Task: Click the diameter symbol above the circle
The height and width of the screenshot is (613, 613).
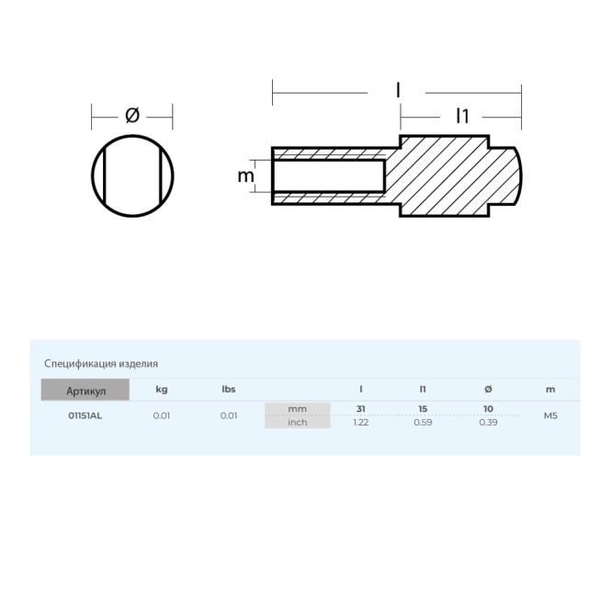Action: pyautogui.click(x=132, y=116)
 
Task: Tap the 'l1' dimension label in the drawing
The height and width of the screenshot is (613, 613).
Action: pyautogui.click(x=462, y=116)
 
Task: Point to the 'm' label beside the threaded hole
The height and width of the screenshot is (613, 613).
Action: pyautogui.click(x=246, y=176)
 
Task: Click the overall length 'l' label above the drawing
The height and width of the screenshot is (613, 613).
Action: pyautogui.click(x=398, y=90)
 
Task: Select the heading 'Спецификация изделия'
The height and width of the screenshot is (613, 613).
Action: pyautogui.click(x=101, y=364)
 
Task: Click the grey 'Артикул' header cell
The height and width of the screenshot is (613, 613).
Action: pyautogui.click(x=85, y=390)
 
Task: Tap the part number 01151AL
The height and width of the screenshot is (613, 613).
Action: pyautogui.click(x=85, y=415)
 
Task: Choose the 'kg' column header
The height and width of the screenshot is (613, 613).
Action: pyautogui.click(x=162, y=390)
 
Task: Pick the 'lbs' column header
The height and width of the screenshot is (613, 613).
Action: pyautogui.click(x=229, y=390)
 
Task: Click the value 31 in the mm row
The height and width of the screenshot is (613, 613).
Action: pyautogui.click(x=360, y=409)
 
